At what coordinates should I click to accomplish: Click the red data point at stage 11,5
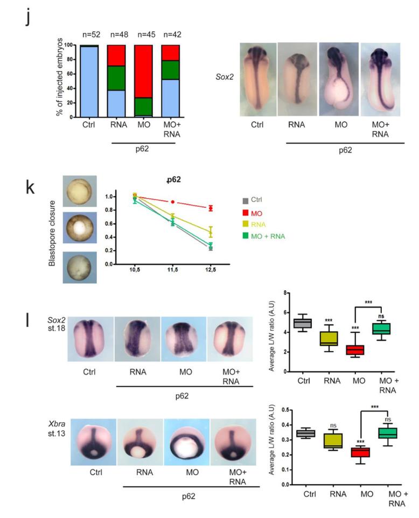(172, 201)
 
